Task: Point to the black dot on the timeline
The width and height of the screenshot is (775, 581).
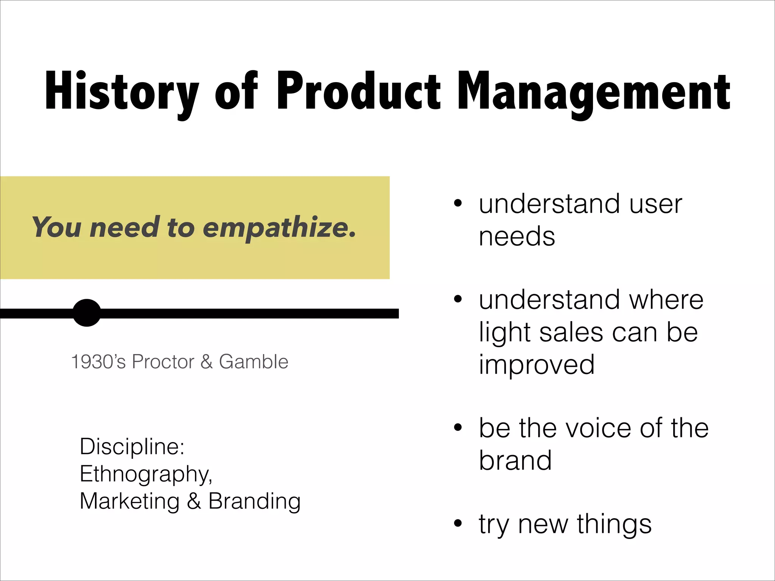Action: click(87, 313)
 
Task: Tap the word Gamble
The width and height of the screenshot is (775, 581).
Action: click(254, 362)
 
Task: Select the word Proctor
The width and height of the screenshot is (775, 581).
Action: click(163, 362)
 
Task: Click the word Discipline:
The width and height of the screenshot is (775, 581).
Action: click(132, 446)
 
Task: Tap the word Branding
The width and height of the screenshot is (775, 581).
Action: click(254, 501)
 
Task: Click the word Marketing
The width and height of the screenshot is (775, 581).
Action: click(129, 501)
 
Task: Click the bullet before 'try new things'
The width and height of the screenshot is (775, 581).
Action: click(458, 524)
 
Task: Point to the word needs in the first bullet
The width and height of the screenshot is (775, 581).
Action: click(517, 237)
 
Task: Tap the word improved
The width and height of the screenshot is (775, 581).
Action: click(537, 365)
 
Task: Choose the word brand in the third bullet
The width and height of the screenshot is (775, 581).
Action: click(515, 460)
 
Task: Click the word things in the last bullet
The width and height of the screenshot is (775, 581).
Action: click(614, 524)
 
